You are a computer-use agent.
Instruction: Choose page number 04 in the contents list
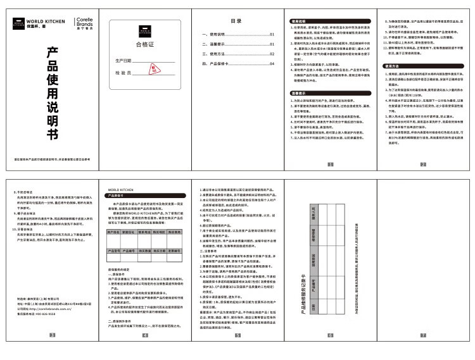point(272,63)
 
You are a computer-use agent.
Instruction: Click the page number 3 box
point(52,351)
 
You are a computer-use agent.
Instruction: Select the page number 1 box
point(330,164)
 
